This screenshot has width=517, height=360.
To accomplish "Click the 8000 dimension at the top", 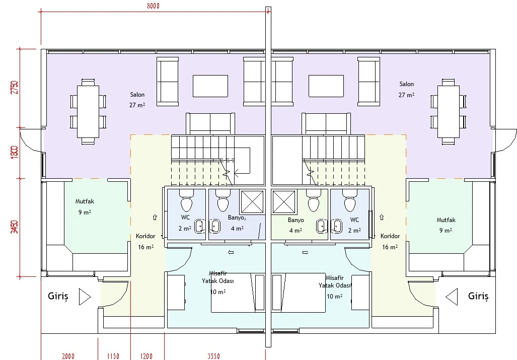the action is coord(153,6).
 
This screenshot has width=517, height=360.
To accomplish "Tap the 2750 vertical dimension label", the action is coord(15,88).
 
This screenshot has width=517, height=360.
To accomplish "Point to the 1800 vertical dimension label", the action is coord(15,152).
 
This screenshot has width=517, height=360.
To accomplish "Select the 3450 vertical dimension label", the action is coord(15,227).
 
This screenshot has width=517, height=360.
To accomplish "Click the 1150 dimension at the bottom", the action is coord(113,356).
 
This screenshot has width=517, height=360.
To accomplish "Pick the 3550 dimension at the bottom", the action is coord(213,356).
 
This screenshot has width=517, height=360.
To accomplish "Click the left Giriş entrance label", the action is coord(58,296).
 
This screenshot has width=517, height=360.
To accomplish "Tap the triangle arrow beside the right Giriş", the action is coord(452,297).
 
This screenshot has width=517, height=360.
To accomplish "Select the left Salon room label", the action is coord(137,95).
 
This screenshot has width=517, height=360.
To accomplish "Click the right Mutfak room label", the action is coord(446,220).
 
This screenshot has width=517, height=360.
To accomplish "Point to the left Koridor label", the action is coord(145,236).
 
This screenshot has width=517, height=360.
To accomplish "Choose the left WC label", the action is coord(185,218).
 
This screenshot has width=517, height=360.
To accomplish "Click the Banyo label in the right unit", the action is coord(296,220).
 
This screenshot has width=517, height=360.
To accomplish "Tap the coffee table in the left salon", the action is coord(210,86).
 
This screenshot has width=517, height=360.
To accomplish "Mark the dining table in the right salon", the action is coord(449,111).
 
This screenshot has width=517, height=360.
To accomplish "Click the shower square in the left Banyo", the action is coord(252,202).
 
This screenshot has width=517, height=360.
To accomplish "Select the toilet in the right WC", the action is coord(350,200).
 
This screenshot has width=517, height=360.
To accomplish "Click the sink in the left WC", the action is coord(199,227).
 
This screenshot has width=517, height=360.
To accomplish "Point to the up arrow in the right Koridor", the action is coord(382,217).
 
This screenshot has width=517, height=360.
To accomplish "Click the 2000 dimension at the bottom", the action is coord(68,356).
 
